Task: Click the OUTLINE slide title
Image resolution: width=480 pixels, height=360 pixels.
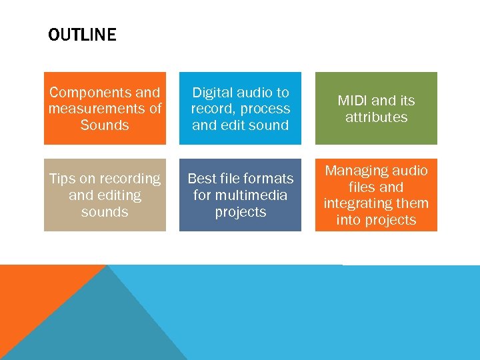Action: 82,35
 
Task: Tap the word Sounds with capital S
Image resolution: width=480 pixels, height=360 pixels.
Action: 105,125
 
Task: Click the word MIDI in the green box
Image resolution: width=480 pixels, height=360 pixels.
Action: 353,101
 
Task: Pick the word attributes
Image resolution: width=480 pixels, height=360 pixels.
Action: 376,117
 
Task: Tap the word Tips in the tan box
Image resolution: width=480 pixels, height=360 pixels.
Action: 63,179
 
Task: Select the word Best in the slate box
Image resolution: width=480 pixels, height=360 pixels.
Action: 203,179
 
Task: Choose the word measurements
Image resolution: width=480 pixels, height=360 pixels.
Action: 97,109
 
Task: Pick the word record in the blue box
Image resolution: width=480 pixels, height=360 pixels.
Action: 212,109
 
